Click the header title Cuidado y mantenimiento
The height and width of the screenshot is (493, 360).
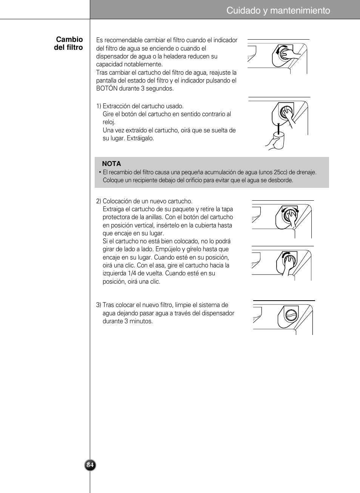[278, 11]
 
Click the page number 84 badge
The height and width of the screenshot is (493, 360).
[90, 465]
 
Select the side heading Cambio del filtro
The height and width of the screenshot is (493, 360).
[69, 43]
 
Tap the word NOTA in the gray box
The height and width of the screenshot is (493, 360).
[111, 164]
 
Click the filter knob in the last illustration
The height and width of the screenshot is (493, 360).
[292, 315]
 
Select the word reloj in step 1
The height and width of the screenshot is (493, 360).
[109, 122]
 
